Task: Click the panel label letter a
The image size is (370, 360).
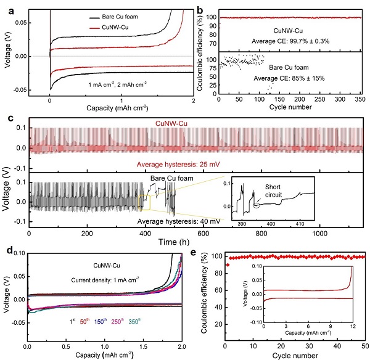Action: [6, 6]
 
